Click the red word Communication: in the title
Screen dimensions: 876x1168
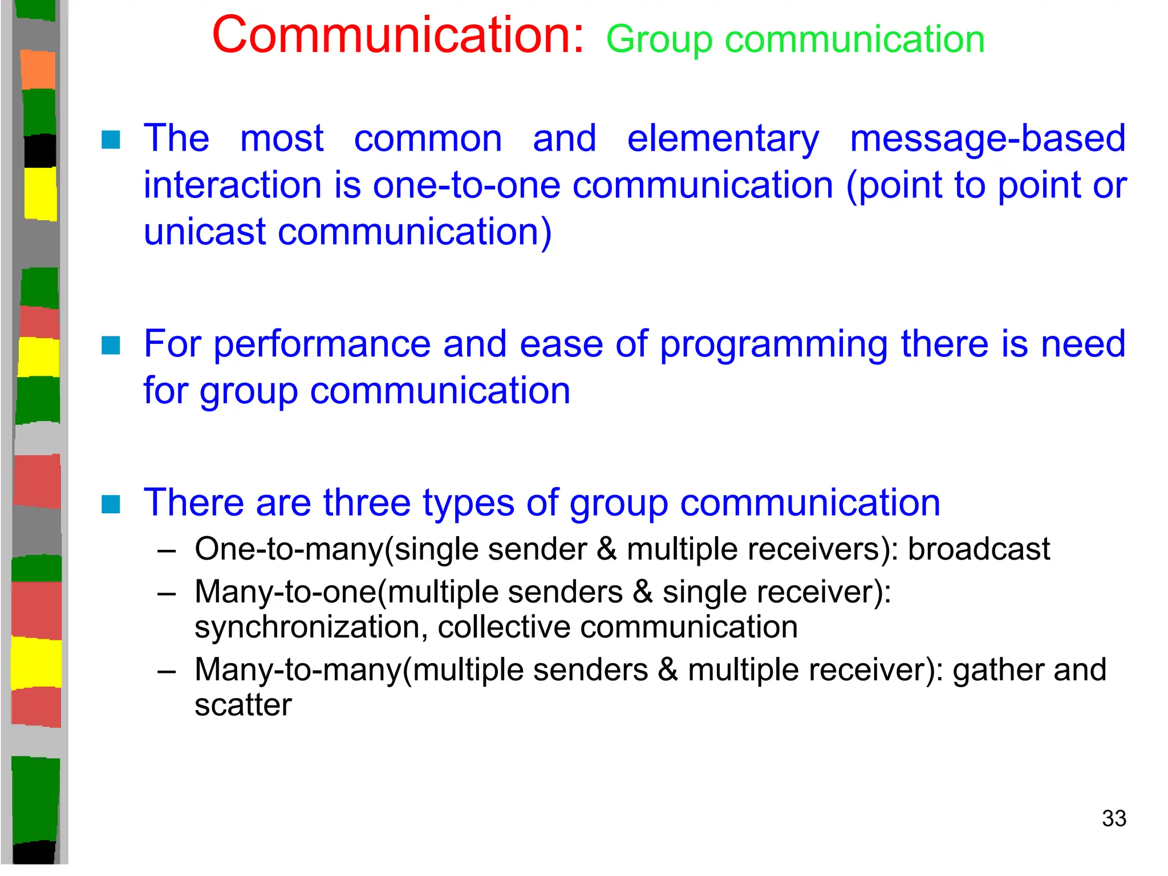click(x=398, y=35)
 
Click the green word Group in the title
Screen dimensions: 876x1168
click(x=659, y=40)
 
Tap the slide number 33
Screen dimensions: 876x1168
click(x=1114, y=818)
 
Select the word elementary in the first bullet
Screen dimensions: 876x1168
click(x=723, y=139)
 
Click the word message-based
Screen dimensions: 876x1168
click(x=987, y=139)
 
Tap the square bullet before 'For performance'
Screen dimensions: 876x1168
click(x=111, y=345)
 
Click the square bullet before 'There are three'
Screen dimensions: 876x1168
click(x=111, y=504)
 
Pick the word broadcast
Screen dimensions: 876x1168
click(x=978, y=549)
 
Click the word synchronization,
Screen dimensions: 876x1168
click(x=311, y=627)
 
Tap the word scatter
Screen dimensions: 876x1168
click(x=243, y=705)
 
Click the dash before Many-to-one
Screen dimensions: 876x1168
click(x=166, y=594)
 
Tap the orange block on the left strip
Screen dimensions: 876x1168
click(x=38, y=70)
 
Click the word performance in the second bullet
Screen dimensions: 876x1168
click(x=322, y=344)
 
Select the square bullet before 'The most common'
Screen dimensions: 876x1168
click(x=111, y=140)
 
